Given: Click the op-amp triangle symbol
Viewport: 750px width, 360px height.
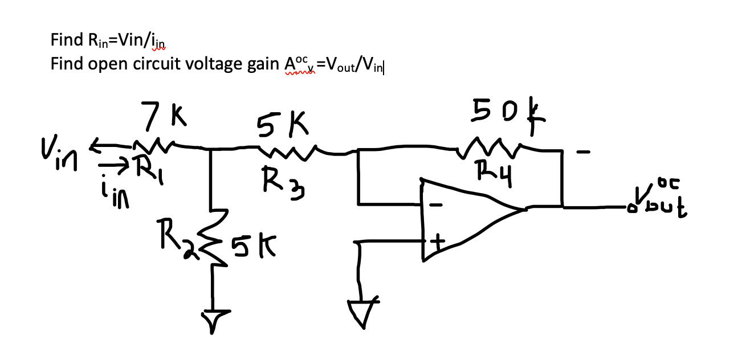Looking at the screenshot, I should [x=462, y=219].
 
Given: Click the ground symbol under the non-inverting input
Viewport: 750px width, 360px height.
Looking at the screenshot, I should [x=361, y=312].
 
